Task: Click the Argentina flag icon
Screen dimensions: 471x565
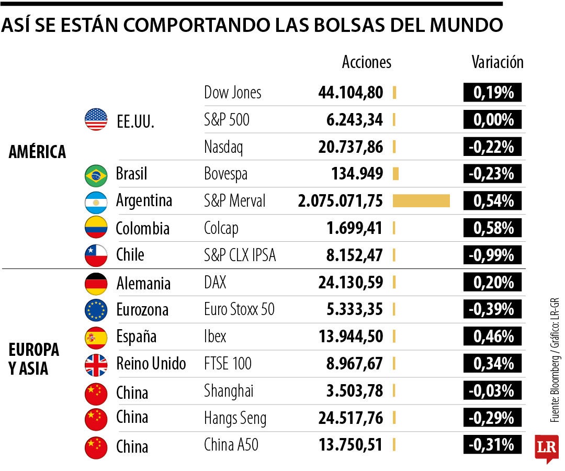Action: click(x=96, y=201)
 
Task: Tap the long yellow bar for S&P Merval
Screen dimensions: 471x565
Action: click(x=421, y=201)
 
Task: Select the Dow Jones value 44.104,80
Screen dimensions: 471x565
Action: click(x=351, y=93)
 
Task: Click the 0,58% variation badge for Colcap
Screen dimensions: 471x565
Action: click(x=493, y=228)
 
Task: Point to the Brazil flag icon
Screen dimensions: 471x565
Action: click(x=96, y=174)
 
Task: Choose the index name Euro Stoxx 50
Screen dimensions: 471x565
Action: click(x=239, y=310)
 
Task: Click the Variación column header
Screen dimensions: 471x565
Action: click(x=497, y=62)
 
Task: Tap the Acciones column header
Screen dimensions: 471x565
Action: click(x=366, y=62)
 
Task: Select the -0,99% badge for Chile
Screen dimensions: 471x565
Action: click(x=493, y=255)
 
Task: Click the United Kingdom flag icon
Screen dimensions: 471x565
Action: click(x=96, y=364)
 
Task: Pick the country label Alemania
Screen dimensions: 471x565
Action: click(x=143, y=284)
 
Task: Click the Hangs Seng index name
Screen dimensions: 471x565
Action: click(x=235, y=418)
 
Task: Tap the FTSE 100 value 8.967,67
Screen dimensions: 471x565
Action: click(x=351, y=364)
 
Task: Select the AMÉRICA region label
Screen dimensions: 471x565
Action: click(x=37, y=152)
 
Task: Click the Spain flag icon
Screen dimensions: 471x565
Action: click(x=96, y=337)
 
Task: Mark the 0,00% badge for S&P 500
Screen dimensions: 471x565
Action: click(x=493, y=120)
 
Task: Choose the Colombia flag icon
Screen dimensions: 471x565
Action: click(x=96, y=228)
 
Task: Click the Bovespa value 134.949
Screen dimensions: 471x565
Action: click(x=357, y=174)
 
